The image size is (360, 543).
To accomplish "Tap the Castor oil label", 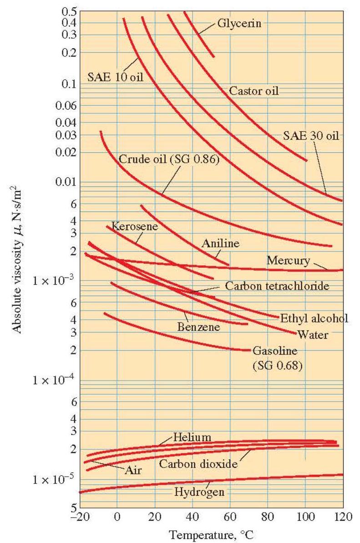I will pyautogui.click(x=253, y=91).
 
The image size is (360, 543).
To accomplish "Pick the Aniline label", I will pyautogui.click(x=220, y=244).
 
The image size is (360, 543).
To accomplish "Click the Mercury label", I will pyautogui.click(x=288, y=261).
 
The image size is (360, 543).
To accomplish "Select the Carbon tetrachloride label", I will pyautogui.click(x=277, y=286).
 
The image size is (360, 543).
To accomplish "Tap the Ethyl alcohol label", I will pyautogui.click(x=314, y=318).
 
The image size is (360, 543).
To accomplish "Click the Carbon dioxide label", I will pyautogui.click(x=198, y=464).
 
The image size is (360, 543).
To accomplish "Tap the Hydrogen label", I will pyautogui.click(x=193, y=492).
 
